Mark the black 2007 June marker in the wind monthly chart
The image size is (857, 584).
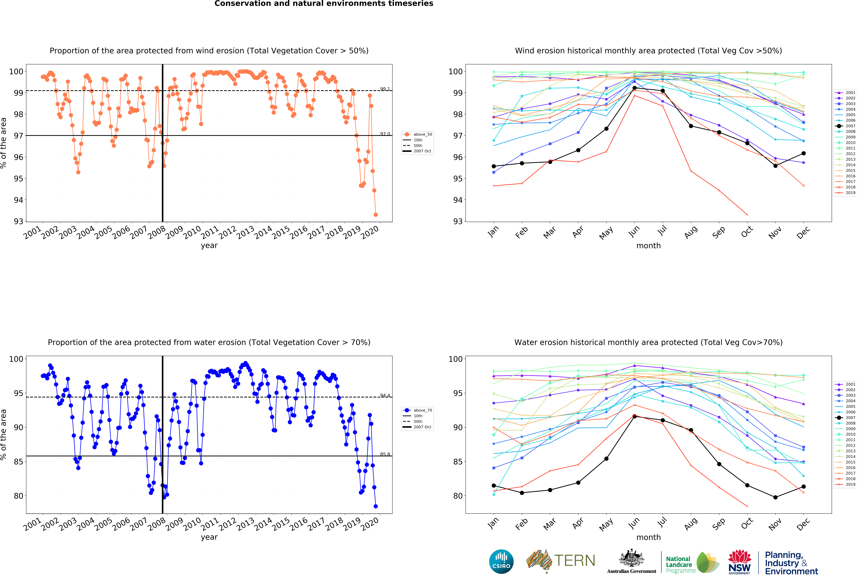coord(634,88)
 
